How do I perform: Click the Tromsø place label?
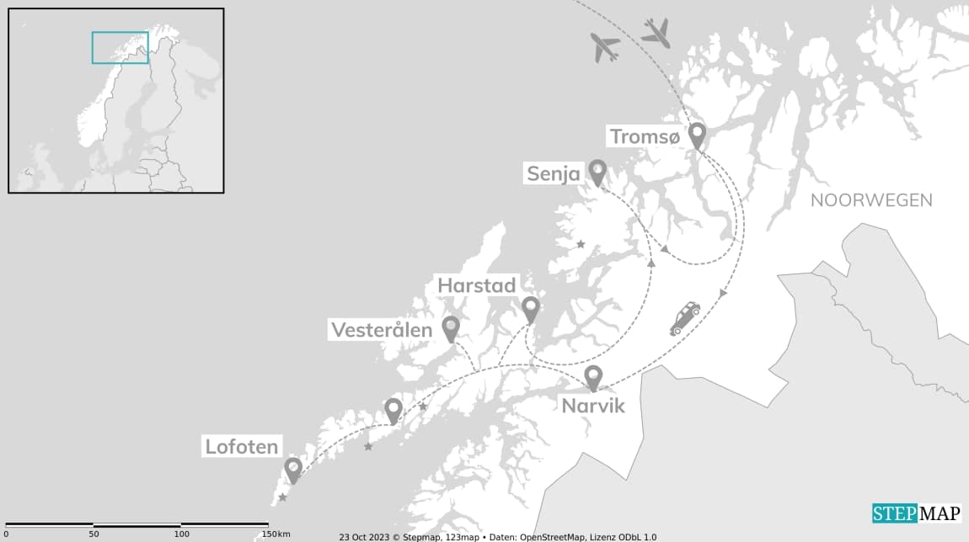point(644,136)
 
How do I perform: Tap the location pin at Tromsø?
point(697,135)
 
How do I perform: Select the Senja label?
point(554,174)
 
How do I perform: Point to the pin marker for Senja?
point(597,172)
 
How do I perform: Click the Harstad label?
point(476,285)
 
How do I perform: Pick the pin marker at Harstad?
point(530,309)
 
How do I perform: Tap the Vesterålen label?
point(382,330)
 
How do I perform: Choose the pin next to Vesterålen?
point(451,328)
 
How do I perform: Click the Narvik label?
point(593,406)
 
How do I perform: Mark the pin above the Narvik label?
point(593,378)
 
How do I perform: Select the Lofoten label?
point(241,447)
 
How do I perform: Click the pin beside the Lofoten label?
point(292,469)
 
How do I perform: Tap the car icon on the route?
point(684,318)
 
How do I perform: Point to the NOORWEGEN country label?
point(871,200)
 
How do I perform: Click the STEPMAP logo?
point(916,513)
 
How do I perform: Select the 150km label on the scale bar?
point(276,534)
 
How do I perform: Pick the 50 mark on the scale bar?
point(94,534)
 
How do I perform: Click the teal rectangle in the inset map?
point(120,47)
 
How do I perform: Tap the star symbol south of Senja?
point(581,244)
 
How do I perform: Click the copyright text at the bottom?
point(497,537)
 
